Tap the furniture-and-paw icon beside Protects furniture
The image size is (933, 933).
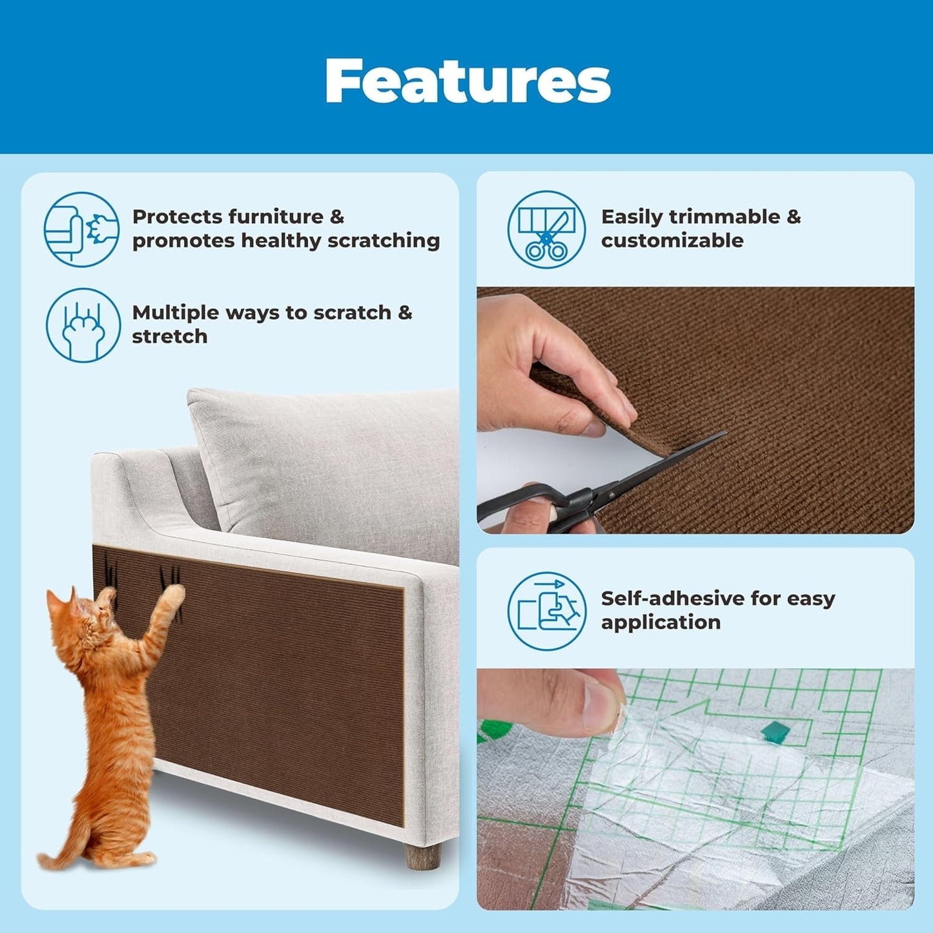[81, 229]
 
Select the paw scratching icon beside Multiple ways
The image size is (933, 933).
[83, 325]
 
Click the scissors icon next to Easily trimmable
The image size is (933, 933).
[546, 229]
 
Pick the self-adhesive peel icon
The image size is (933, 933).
[546, 610]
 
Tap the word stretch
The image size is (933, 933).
[169, 336]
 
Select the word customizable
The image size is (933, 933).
[672, 241]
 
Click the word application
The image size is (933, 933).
[660, 622]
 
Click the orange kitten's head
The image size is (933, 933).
[76, 613]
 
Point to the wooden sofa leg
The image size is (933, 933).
[422, 856]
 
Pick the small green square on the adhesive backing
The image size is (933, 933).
[774, 731]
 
